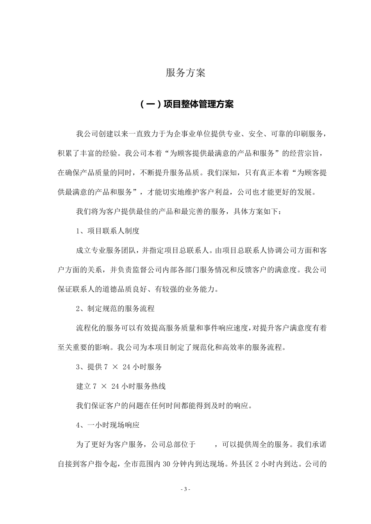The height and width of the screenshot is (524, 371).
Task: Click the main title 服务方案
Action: click(185, 73)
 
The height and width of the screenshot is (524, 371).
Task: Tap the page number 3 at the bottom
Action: click(186, 489)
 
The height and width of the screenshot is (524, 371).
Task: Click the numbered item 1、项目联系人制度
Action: click(107, 231)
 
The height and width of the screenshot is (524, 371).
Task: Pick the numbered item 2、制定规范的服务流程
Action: click(115, 308)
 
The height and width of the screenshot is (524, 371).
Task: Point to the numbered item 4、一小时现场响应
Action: click(107, 425)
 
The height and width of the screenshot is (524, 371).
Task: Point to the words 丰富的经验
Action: click(98, 153)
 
